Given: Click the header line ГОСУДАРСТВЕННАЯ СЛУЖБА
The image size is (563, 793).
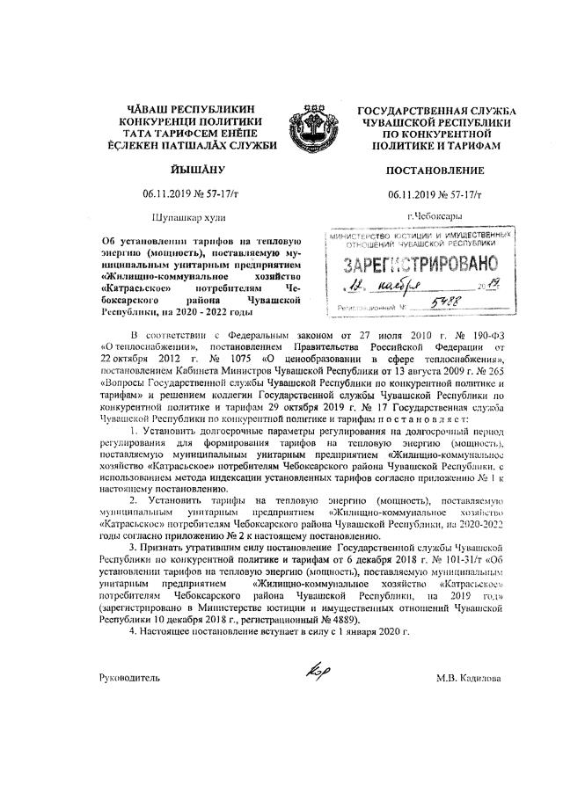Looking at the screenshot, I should (x=436, y=111).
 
